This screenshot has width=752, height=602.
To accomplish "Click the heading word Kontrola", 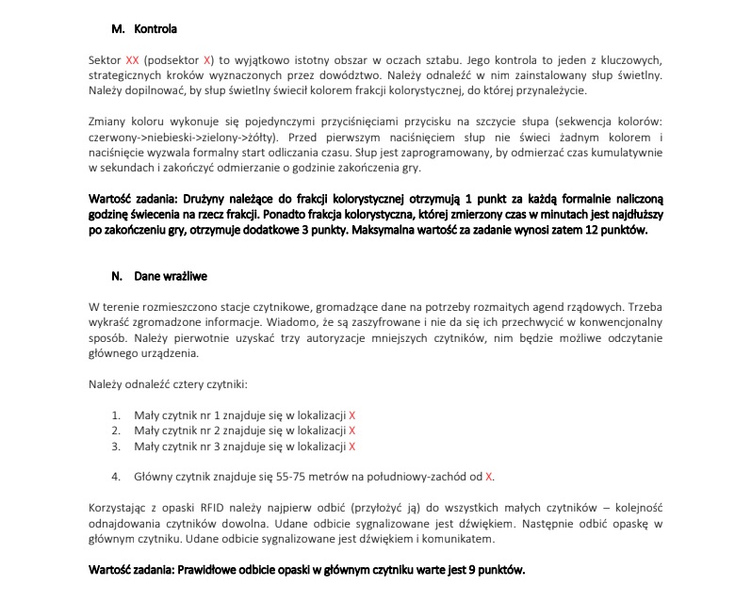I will pyautogui.click(x=155, y=28).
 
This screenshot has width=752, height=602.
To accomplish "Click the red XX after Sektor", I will pyautogui.click(x=132, y=58).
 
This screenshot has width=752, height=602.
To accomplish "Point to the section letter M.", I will pyautogui.click(x=118, y=28).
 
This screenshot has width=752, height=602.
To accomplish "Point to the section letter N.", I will pyautogui.click(x=117, y=277).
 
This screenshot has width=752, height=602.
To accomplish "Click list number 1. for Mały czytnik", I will pyautogui.click(x=116, y=415).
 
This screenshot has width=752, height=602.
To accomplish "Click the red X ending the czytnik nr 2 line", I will pyautogui.click(x=351, y=431).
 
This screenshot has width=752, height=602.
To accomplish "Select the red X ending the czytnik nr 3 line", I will pyautogui.click(x=351, y=446).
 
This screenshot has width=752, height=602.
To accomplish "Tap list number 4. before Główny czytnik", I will pyautogui.click(x=116, y=476).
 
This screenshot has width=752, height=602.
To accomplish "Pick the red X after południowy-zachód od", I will pyautogui.click(x=489, y=476).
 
